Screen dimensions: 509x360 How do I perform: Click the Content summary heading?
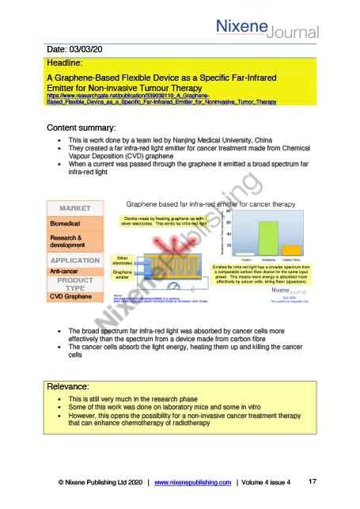pyautogui.click(x=81, y=127)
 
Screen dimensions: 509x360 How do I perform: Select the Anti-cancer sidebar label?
pyautogui.click(x=66, y=271)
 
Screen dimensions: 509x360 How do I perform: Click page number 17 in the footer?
pyautogui.click(x=312, y=481)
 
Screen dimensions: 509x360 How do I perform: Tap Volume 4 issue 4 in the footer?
pyautogui.click(x=266, y=482)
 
